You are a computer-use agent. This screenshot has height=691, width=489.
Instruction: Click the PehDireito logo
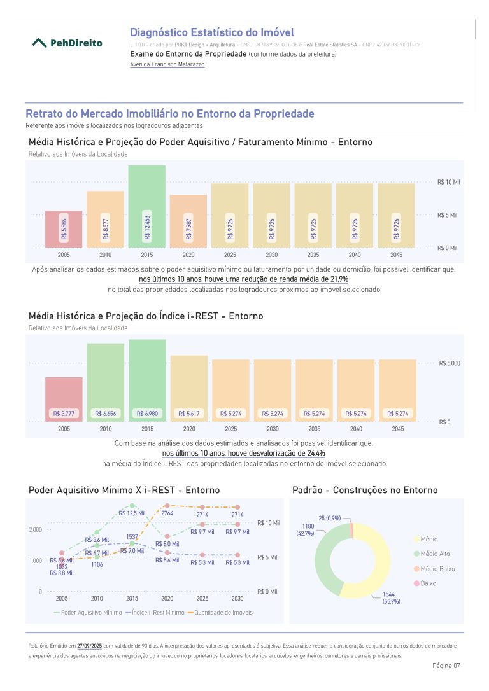click(x=67, y=43)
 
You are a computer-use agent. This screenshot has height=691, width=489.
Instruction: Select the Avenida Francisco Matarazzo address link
click(x=167, y=64)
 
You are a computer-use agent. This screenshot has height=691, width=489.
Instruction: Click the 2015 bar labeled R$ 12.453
click(x=147, y=206)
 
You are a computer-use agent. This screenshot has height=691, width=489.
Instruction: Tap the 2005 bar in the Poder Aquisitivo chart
click(x=64, y=229)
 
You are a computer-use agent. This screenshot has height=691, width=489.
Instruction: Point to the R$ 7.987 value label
click(x=188, y=228)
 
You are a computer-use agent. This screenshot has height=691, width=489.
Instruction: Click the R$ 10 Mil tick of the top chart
click(x=448, y=182)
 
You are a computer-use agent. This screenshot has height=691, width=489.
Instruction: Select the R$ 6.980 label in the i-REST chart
click(x=147, y=414)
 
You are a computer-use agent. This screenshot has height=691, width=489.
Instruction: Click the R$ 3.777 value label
click(x=64, y=414)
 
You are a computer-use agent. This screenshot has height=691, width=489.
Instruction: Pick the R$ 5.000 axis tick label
click(x=450, y=363)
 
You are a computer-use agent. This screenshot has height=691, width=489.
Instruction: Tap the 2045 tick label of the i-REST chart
click(x=398, y=429)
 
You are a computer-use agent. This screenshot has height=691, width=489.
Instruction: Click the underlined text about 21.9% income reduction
click(x=244, y=279)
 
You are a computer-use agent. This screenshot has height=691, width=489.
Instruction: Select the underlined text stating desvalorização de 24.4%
click(x=244, y=453)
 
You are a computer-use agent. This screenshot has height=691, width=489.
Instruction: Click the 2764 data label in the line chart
click(x=167, y=513)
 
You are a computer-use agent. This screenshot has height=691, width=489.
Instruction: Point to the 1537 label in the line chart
click(x=132, y=537)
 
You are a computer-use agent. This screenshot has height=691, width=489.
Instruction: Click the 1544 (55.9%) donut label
click(x=391, y=597)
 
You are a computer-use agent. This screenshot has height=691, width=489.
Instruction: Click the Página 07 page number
click(x=446, y=666)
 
